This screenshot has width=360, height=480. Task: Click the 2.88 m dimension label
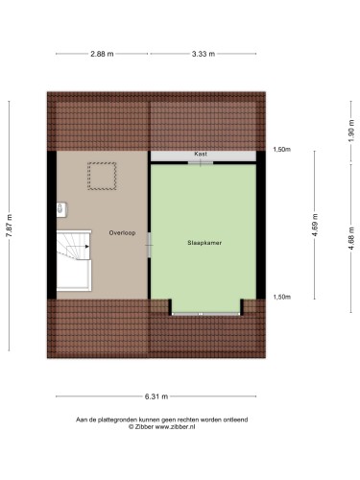pyautogui.click(x=102, y=54)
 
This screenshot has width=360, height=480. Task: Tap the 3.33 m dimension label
pyautogui.click(x=204, y=54)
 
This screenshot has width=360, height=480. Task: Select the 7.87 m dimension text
pyautogui.click(x=10, y=226)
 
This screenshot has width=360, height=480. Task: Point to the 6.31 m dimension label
pyautogui.click(x=156, y=396)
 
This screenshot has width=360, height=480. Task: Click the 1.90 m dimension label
pyautogui.click(x=351, y=131)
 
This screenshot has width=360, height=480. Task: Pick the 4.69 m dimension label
pyautogui.click(x=315, y=225)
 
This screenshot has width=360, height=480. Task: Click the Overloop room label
pyautogui.click(x=122, y=233)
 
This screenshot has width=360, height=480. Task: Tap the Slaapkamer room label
pyautogui.click(x=204, y=243)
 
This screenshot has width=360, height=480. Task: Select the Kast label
pyautogui.click(x=201, y=154)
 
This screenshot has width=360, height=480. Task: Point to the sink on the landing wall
pyautogui.click(x=61, y=209)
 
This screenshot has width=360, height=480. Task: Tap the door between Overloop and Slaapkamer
pyautogui.click(x=149, y=245)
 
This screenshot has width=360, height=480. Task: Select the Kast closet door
pyautogui.click(x=201, y=163)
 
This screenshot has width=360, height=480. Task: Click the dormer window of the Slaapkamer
pyautogui.click(x=205, y=314)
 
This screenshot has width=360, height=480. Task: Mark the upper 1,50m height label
pyautogui.click(x=282, y=150)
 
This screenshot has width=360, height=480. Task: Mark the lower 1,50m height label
pyautogui.click(x=282, y=297)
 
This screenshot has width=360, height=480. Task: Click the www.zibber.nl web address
pyautogui.click(x=175, y=426)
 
